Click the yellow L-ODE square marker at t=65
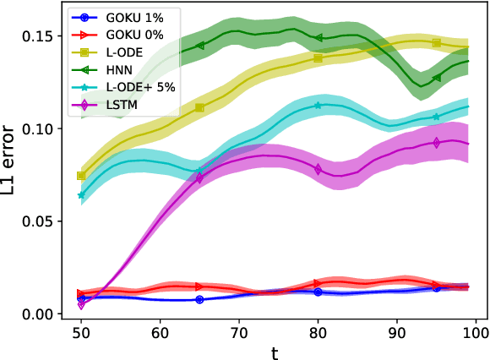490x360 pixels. click(x=199, y=107)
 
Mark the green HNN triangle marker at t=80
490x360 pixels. click(x=318, y=37)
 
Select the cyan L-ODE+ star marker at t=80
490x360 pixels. click(x=318, y=106)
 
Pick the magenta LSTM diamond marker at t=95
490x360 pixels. click(x=437, y=143)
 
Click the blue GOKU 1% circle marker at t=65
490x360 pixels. click(x=199, y=300)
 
